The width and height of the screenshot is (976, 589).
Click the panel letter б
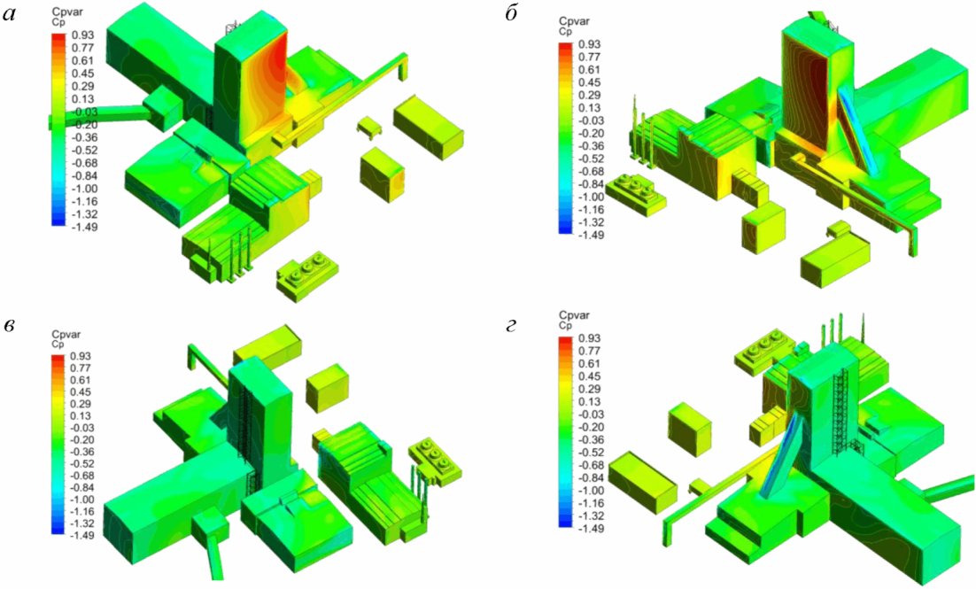pos(512,13)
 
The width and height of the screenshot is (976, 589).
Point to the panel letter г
pos(512,326)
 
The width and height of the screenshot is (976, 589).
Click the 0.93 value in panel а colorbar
pos(82,35)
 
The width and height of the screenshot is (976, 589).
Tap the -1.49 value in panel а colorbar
pos(81,227)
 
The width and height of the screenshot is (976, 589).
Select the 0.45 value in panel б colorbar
pos(590,82)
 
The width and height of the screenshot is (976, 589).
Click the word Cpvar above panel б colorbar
pos(574,22)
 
